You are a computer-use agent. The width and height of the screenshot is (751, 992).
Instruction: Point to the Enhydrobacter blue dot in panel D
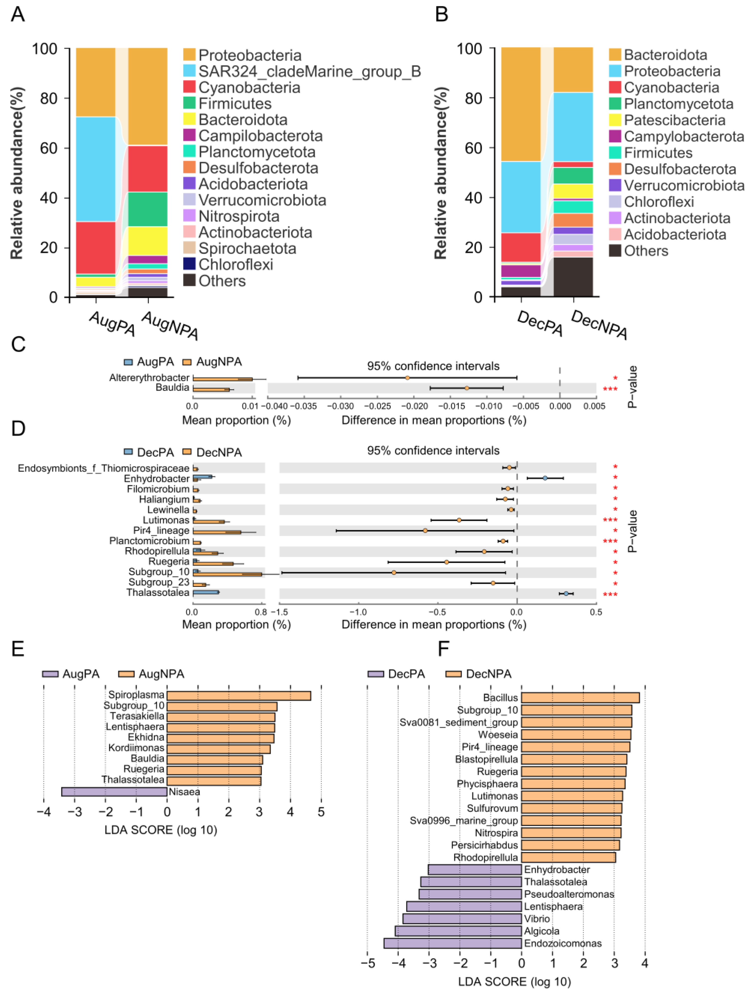[545, 478]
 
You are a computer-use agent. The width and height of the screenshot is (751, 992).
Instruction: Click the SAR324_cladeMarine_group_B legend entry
[309, 71]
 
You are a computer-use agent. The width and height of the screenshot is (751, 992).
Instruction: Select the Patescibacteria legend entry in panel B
[674, 120]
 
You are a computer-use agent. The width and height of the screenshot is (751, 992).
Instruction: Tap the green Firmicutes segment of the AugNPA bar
[148, 209]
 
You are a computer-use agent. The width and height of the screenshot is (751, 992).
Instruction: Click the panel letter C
[18, 344]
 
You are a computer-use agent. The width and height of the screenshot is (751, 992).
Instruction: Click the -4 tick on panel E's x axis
[43, 812]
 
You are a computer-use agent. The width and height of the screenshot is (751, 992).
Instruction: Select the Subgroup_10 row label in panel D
[159, 572]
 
